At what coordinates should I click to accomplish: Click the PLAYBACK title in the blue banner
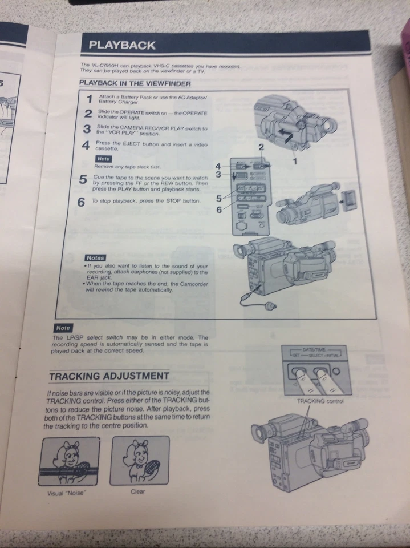click(122, 45)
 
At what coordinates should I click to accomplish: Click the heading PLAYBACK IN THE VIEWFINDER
click(135, 83)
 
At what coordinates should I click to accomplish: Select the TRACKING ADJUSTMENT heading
click(108, 376)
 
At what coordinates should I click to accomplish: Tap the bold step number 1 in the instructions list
click(88, 99)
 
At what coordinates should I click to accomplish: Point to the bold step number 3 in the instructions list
click(87, 128)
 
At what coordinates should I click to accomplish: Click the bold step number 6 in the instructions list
click(81, 202)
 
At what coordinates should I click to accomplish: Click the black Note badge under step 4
click(103, 159)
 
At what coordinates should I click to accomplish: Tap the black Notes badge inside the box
click(95, 258)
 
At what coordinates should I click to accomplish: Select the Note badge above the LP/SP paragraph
click(63, 328)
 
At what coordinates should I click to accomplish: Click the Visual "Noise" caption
click(66, 494)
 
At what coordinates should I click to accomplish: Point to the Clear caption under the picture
click(137, 491)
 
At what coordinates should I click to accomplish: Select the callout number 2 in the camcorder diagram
click(261, 147)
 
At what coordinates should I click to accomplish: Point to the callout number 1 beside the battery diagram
click(295, 162)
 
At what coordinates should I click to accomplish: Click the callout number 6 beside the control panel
click(218, 209)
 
